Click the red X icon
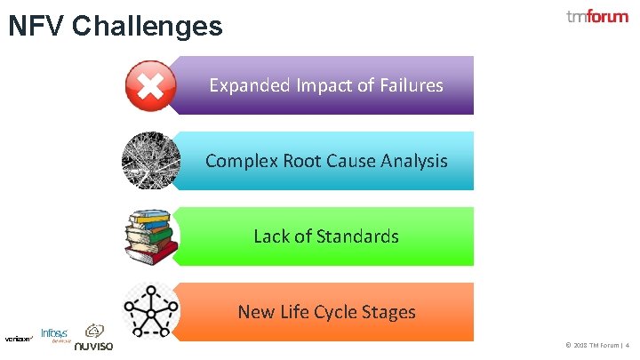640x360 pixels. pyautogui.click(x=151, y=85)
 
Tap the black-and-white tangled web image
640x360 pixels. pyautogui.click(x=151, y=161)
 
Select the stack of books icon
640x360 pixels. pyautogui.click(x=151, y=236)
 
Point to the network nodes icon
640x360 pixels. pyautogui.click(x=151, y=310)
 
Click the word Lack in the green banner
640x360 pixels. pyautogui.click(x=271, y=236)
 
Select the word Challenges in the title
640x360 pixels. pyautogui.click(x=147, y=27)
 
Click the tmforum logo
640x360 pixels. pyautogui.click(x=596, y=17)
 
